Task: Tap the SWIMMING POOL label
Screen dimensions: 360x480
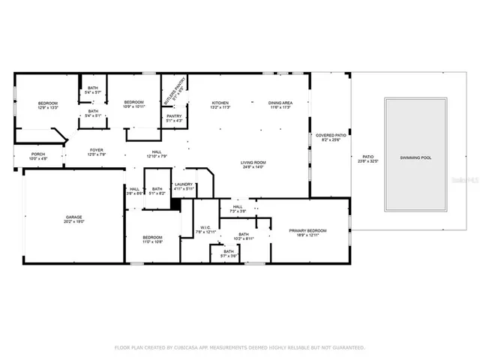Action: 415,157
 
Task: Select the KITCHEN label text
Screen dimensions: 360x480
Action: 220,103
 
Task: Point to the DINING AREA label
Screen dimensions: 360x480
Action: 280,103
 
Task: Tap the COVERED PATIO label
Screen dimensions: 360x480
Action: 330,135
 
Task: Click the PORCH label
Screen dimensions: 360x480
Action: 37,154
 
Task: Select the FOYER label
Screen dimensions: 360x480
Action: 97,150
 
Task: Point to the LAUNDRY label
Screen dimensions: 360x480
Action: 184,184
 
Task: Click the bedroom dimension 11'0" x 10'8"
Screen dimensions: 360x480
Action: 152,241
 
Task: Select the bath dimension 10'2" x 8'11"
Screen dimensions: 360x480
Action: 244,238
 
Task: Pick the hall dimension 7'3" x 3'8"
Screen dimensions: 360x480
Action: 237,211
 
